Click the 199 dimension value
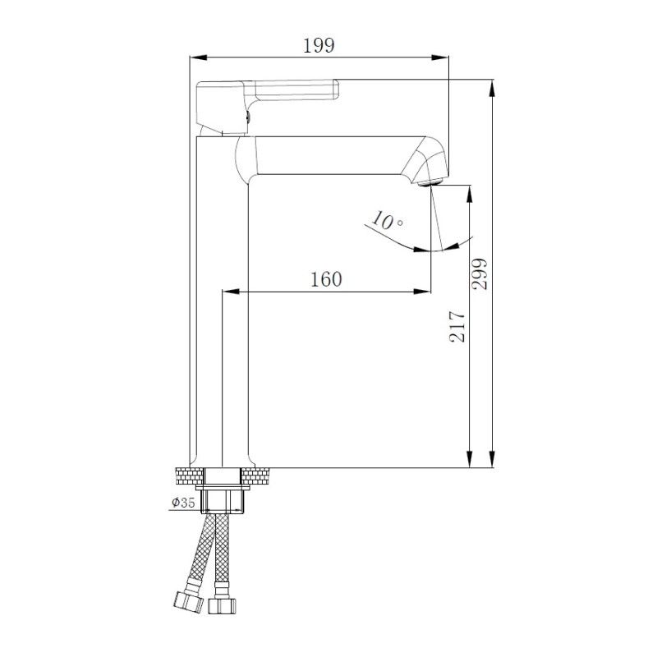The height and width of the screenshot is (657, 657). (x=319, y=45)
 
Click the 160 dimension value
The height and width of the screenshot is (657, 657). (x=326, y=279)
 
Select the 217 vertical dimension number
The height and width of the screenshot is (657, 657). (x=457, y=326)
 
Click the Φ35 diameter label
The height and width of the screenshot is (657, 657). (x=183, y=503)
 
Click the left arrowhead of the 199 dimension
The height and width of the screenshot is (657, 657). (x=195, y=57)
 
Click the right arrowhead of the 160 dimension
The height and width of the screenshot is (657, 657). (x=425, y=291)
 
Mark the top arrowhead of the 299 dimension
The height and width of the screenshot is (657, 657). (x=492, y=85)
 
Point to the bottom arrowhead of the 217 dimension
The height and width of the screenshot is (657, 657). (x=470, y=462)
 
